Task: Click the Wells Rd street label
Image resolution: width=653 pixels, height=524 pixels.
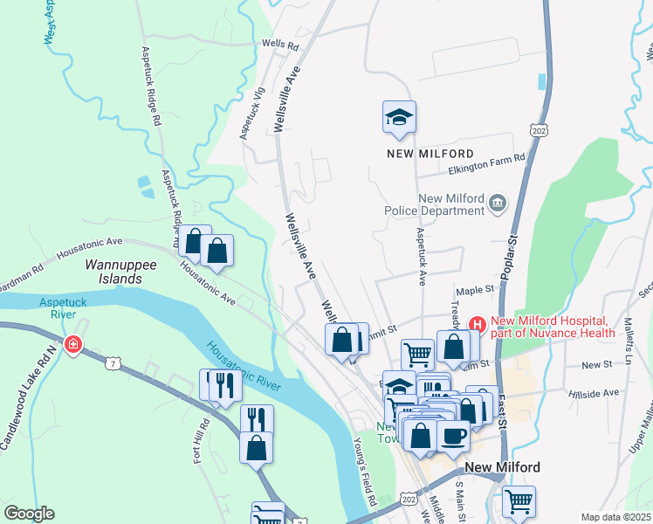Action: click(279, 44)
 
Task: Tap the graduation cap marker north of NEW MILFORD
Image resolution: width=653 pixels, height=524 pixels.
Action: click(399, 117)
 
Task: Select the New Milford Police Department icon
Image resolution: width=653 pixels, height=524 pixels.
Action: click(498, 203)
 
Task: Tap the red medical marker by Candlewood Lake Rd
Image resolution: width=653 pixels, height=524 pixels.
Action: click(74, 345)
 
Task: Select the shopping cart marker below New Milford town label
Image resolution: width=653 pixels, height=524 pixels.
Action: click(519, 501)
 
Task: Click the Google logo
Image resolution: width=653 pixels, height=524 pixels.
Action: click(28, 514)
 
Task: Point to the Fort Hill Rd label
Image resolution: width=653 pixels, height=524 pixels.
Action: click(201, 439)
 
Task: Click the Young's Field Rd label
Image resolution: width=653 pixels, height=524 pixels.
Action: click(363, 472)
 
